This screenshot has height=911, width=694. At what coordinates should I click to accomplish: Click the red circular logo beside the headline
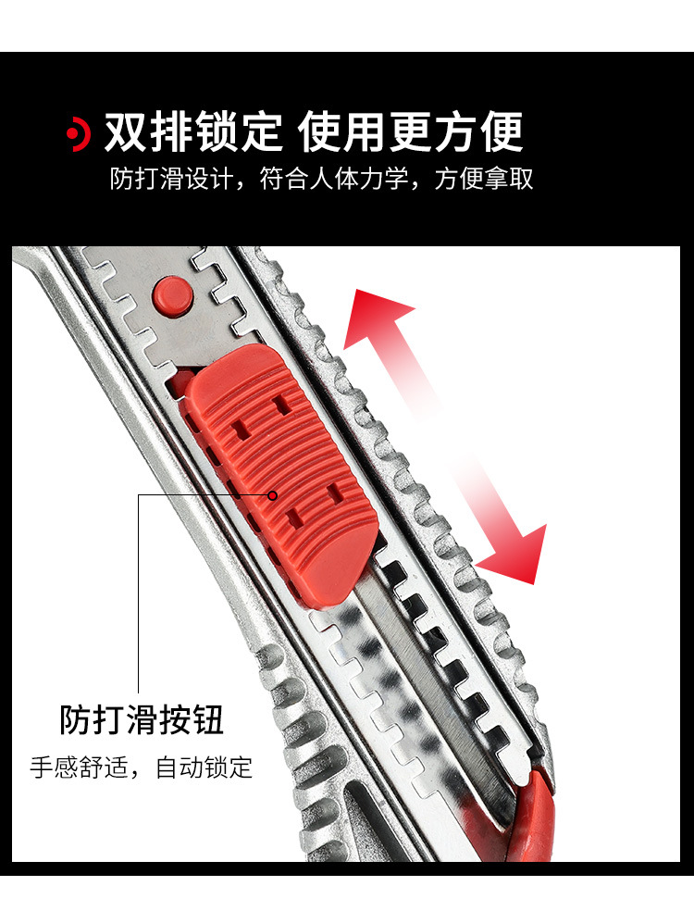tap(79, 133)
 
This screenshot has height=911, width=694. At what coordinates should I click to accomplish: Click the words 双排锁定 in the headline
tap(192, 132)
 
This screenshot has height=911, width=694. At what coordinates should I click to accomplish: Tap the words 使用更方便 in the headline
tap(411, 132)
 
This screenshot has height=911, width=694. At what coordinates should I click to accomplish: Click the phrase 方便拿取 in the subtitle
tap(483, 179)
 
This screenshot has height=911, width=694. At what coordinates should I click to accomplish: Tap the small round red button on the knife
tap(172, 296)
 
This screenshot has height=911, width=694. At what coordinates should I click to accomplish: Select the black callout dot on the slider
tap(272, 495)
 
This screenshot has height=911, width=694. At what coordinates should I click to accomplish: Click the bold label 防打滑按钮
tap(142, 720)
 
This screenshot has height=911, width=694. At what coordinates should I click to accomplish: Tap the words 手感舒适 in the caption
tap(79, 767)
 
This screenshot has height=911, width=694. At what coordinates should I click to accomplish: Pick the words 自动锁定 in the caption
tap(204, 767)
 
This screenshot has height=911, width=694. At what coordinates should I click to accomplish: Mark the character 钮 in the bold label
tap(208, 720)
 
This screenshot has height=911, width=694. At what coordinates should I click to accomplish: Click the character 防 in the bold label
tap(76, 720)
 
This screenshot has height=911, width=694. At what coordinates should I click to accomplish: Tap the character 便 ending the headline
tap(502, 132)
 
